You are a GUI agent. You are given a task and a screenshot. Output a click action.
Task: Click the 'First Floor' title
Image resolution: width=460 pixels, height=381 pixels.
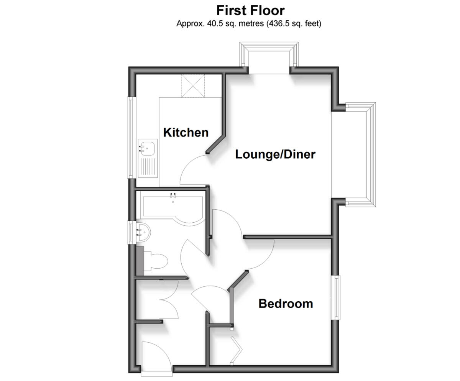[250, 10]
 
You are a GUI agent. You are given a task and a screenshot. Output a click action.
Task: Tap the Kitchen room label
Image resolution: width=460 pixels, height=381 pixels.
[186, 133]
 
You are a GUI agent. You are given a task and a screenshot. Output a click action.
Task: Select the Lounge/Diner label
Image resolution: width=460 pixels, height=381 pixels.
[275, 154]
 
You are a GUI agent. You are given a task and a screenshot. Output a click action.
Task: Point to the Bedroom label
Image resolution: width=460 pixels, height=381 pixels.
[286, 304]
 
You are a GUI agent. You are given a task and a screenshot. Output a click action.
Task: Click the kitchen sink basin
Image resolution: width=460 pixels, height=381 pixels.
[148, 147]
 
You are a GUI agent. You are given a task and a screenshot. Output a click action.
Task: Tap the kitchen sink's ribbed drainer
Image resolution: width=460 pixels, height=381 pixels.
[148, 167]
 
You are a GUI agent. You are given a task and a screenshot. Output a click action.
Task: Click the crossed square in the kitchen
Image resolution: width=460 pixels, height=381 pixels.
[193, 86]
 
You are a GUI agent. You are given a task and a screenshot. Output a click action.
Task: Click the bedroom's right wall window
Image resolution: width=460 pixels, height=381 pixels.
[336, 297]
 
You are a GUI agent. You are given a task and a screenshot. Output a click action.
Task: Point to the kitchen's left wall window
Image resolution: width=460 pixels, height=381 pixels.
[130, 137]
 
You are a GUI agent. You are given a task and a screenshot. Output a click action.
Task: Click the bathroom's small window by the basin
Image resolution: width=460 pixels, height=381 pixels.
[131, 232]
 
